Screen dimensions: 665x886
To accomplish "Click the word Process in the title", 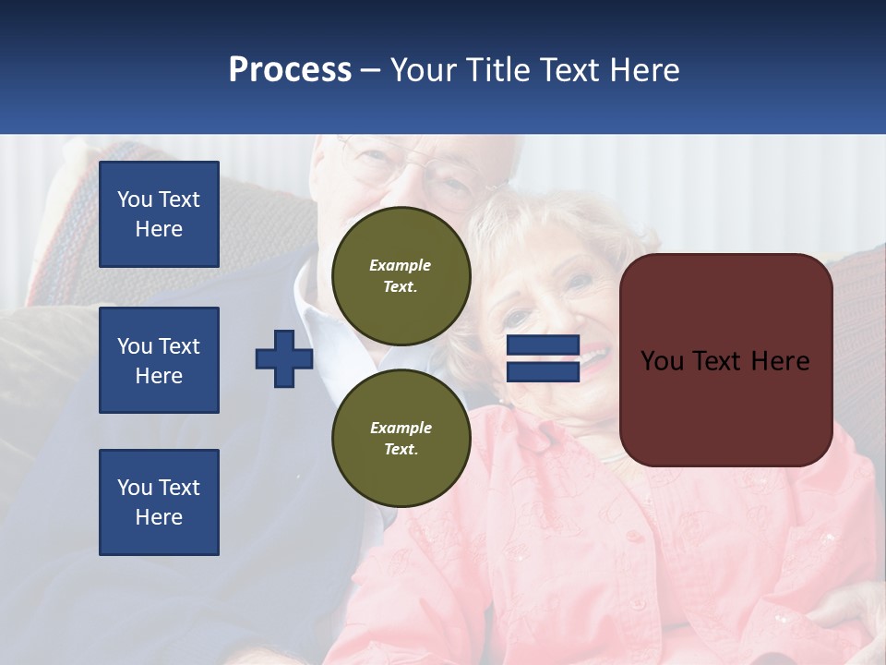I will point(290,70).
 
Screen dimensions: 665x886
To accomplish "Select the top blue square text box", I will point(159,214).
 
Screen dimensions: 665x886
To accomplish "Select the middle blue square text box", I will point(159,360).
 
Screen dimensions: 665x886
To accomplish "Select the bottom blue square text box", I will point(159,502).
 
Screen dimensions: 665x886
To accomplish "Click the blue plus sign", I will point(284,358).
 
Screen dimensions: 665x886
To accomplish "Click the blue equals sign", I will point(543,358).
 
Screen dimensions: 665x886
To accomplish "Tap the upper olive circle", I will point(401,276).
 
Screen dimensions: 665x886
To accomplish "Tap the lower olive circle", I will point(401,439).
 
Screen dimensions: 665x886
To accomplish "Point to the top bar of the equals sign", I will point(543,345).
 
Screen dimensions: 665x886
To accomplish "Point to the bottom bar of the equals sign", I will point(543,371).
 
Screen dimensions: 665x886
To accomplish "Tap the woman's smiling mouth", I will point(591,355).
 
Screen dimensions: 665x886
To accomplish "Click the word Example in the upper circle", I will point(401,265).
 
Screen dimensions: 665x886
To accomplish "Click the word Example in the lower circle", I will point(401,428).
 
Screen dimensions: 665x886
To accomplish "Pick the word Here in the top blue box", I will point(159,229).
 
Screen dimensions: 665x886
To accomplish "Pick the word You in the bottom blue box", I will point(135,488).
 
